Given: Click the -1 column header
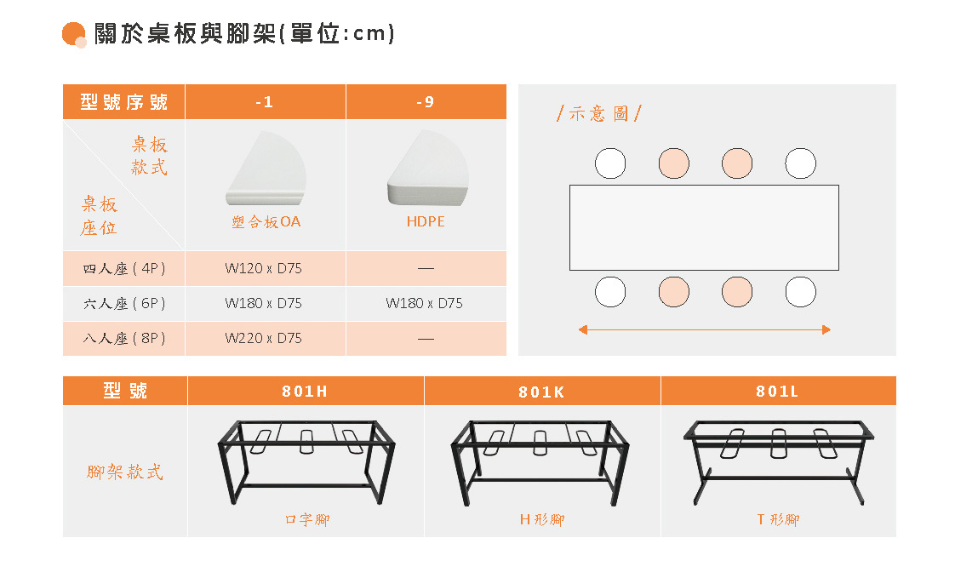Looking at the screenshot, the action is (x=265, y=102).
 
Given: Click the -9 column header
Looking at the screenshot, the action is (x=426, y=102).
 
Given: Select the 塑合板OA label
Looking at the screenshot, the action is (x=266, y=222).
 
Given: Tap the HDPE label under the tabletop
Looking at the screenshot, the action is (x=426, y=221).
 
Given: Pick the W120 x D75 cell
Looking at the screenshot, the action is (x=264, y=268).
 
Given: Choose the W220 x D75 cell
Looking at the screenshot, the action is (x=264, y=338).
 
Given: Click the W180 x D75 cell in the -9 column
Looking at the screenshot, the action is (x=425, y=303).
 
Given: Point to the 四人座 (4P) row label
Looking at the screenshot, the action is (x=124, y=268).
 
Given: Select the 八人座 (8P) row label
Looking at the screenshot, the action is (x=124, y=338).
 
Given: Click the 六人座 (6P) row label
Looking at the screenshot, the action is (x=124, y=303).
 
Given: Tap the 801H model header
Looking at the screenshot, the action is (x=305, y=392).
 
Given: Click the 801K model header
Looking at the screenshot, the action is (x=541, y=392).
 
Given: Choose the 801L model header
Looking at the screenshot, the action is (x=777, y=392).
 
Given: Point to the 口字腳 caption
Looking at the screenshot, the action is (x=306, y=519).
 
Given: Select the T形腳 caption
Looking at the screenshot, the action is (x=778, y=519).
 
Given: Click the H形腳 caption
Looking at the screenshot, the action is (x=542, y=519).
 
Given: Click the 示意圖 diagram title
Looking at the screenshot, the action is (x=598, y=113).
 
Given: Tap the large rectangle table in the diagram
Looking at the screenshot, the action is (x=704, y=227).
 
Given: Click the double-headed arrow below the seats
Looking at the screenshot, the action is (x=704, y=329).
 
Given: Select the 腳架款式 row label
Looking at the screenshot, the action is (x=124, y=472).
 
